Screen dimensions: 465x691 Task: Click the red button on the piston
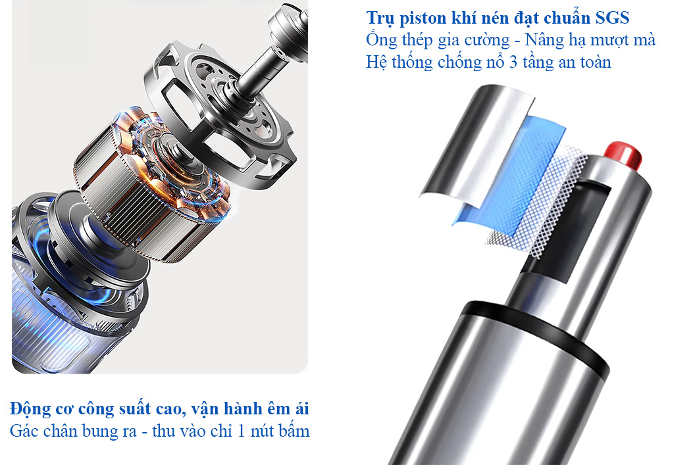click(623, 154)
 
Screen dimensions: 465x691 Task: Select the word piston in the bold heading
click(423, 18)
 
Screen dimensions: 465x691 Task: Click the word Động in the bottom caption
click(29, 409)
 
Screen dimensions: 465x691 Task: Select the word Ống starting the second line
click(381, 40)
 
